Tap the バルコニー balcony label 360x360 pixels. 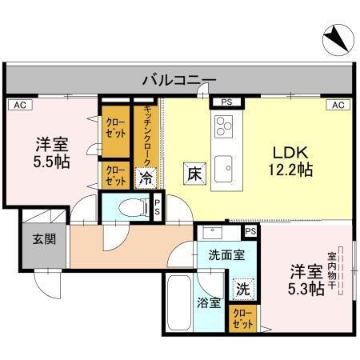click(179, 80)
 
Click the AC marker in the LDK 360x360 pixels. click(338, 105)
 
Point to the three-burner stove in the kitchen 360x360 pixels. click(223, 126)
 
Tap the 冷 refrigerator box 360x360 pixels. click(146, 178)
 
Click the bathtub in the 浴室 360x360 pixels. click(179, 304)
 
